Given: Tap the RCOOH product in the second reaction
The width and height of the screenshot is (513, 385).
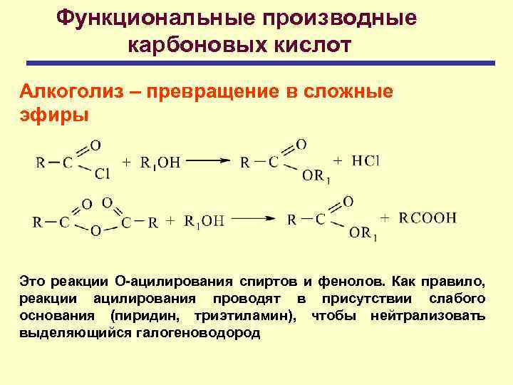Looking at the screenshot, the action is pyautogui.click(x=427, y=218).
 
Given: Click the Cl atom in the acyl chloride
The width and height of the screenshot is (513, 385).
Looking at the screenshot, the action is pyautogui.click(x=100, y=174).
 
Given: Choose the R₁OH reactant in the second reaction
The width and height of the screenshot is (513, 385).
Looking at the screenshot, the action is pyautogui.click(x=204, y=221).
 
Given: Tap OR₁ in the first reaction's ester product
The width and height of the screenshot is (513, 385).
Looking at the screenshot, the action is pyautogui.click(x=313, y=175).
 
